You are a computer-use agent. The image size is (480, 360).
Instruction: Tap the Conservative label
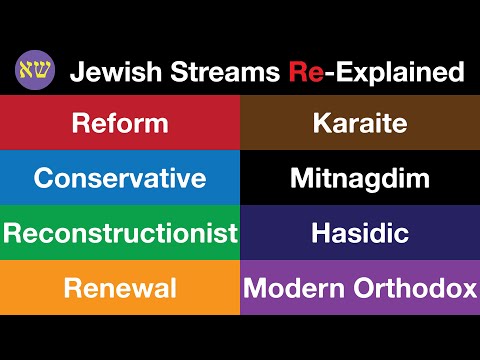pos(120,178)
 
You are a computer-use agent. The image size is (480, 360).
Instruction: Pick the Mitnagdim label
pos(360,178)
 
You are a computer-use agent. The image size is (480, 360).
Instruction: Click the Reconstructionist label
pos(120,233)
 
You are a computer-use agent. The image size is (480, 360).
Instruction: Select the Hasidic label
pos(360,233)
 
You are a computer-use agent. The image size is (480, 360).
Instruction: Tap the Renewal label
pos(120,288)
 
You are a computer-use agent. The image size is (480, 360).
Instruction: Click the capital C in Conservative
pos(44,178)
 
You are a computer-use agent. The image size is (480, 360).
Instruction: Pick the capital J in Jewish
pos(76,72)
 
